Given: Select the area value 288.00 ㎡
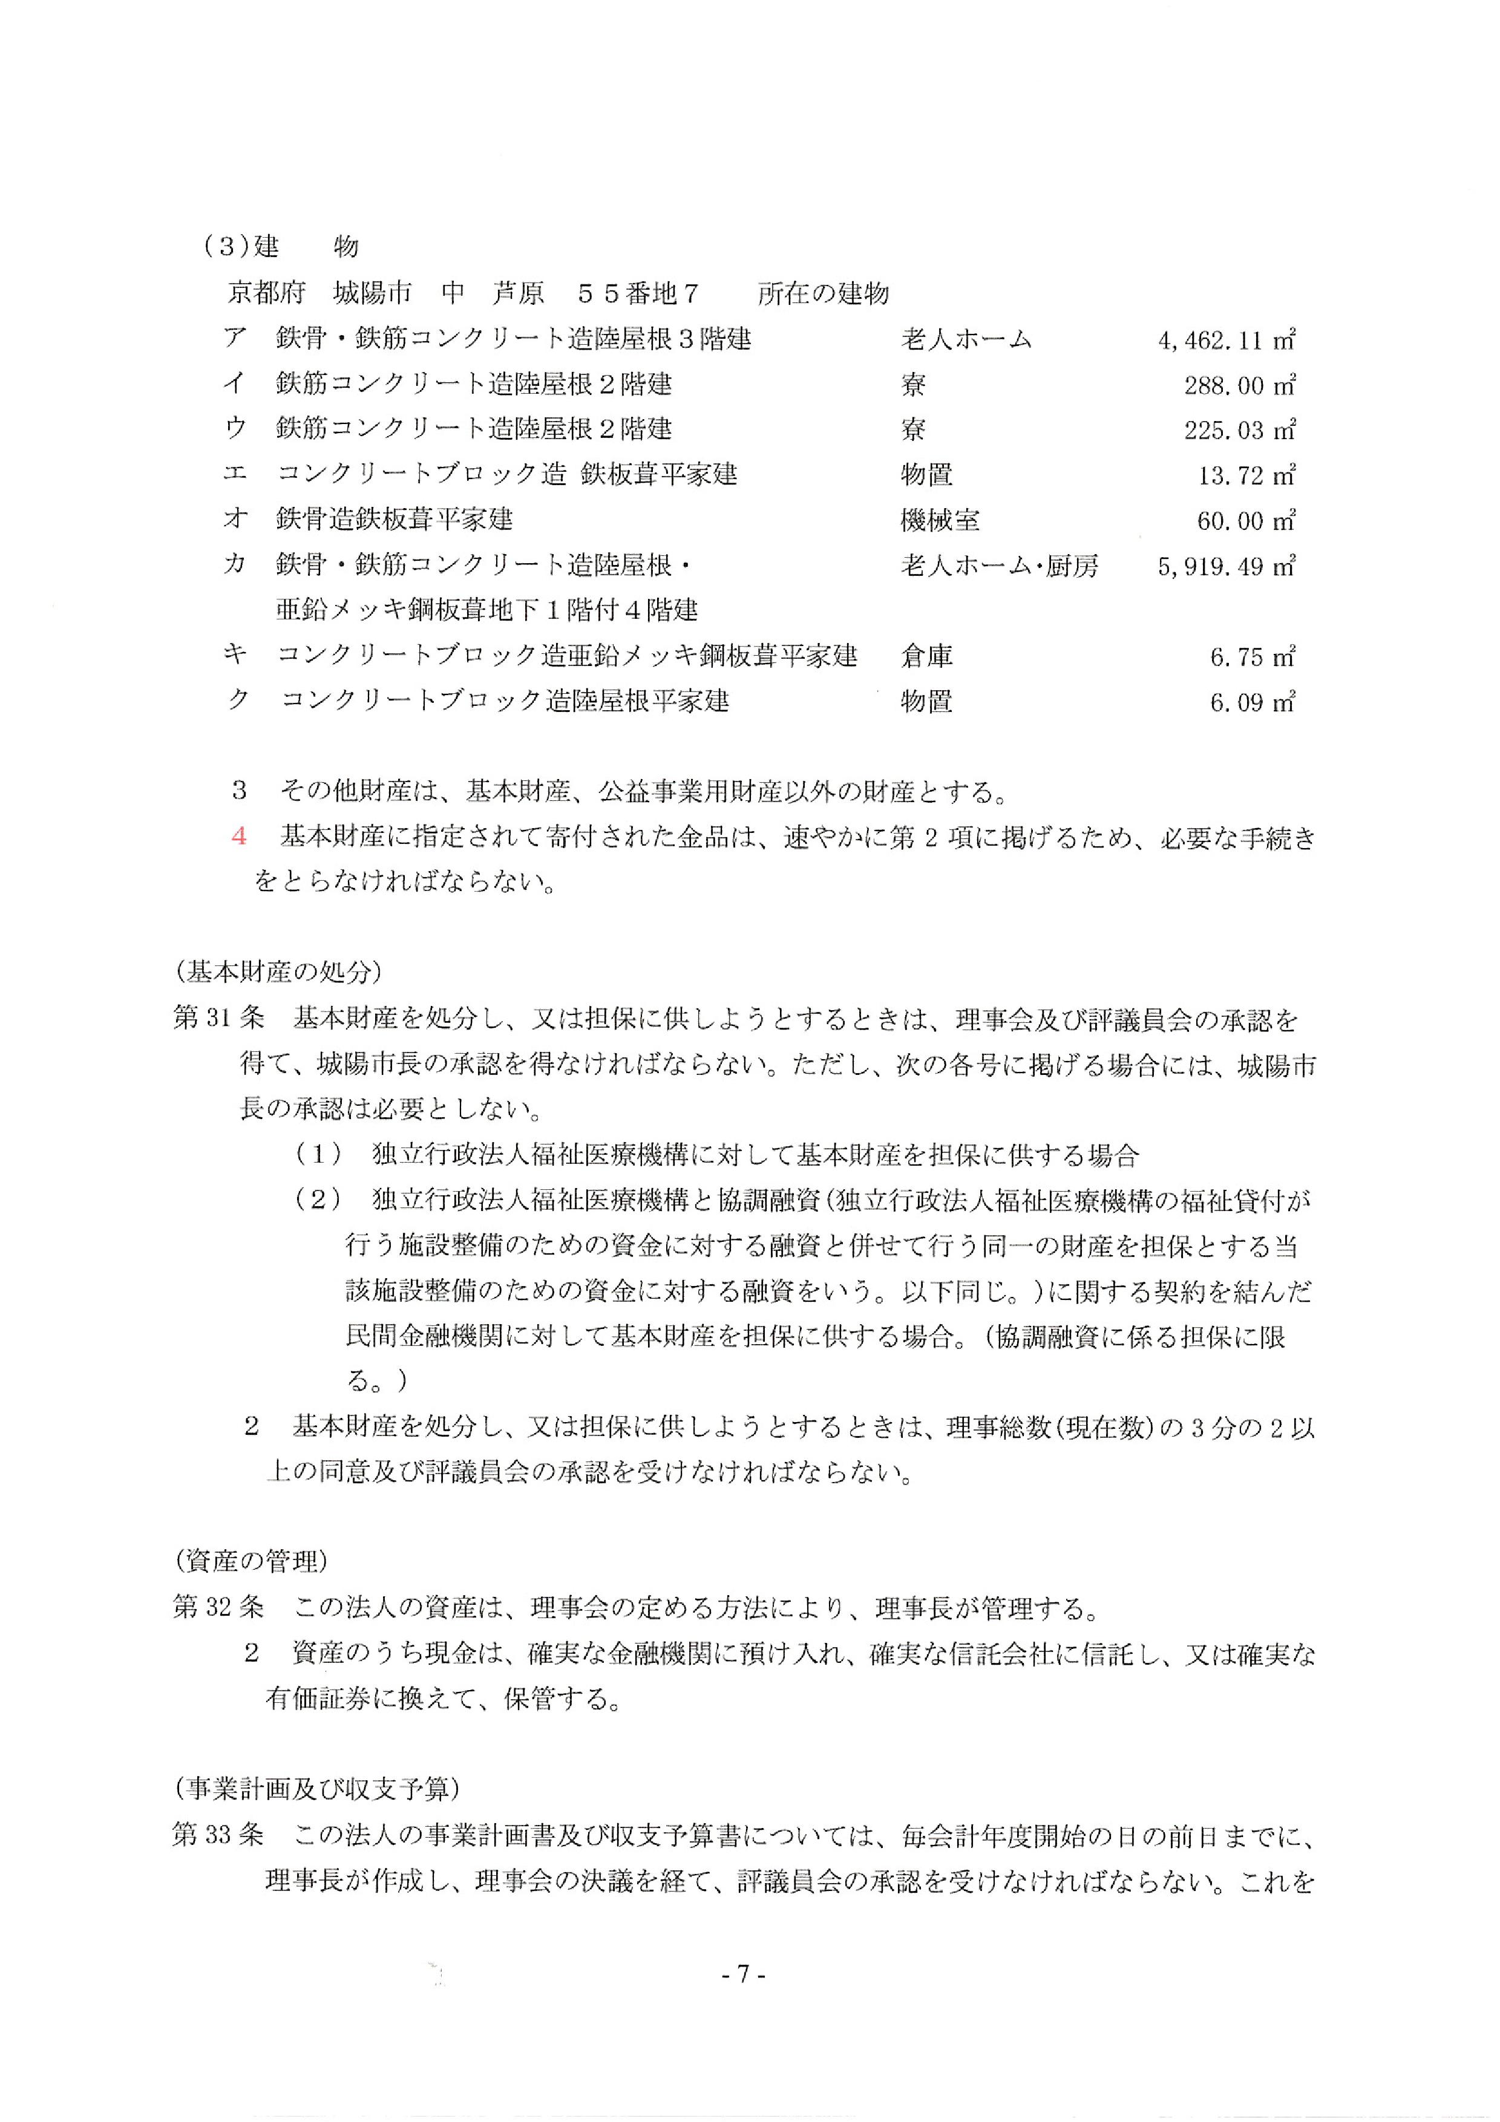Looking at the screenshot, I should (1239, 385).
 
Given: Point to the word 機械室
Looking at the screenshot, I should (940, 520).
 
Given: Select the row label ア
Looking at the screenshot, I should (235, 338).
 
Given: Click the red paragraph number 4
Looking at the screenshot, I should (240, 837).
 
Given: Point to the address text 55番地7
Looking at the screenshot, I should (638, 294).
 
